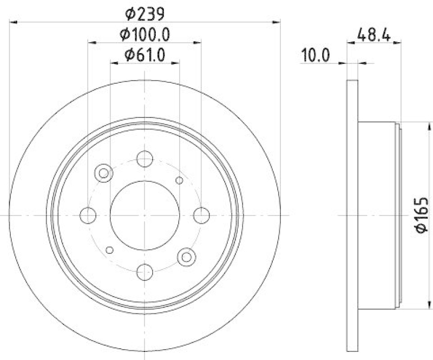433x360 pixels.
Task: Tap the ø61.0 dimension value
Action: [145, 54]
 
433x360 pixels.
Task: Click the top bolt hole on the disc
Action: [145, 159]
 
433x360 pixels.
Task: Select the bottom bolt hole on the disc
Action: [145, 271]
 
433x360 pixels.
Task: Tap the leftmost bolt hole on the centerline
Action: [88, 215]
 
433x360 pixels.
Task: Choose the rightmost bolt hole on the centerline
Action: [201, 215]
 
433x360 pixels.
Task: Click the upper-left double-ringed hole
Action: [103, 173]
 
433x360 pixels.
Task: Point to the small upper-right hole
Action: [180, 180]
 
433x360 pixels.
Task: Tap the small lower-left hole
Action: [110, 250]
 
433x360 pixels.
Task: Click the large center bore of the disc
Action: [145, 215]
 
